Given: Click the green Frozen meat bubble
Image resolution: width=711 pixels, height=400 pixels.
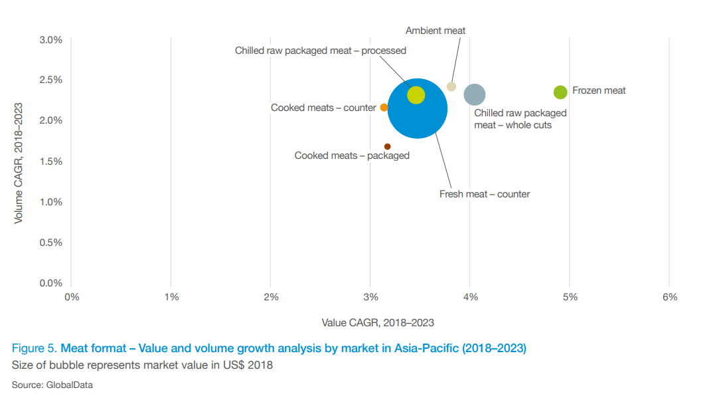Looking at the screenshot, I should (560, 92).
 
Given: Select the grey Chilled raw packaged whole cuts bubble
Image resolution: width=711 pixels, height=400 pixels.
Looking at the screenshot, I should (475, 94).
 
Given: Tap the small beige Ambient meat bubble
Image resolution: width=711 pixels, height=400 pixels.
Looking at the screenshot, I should (451, 86).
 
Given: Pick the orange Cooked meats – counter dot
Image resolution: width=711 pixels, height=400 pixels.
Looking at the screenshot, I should (384, 107).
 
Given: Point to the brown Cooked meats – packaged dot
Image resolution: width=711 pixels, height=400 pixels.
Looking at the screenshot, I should (387, 146).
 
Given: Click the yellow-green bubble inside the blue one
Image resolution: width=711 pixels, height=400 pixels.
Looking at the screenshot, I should (416, 95).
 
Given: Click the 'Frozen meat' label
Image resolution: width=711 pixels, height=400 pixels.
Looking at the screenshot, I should (599, 90).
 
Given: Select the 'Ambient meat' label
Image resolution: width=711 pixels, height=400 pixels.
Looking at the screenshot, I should (435, 31).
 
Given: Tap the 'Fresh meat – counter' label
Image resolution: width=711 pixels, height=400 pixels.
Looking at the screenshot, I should (485, 194).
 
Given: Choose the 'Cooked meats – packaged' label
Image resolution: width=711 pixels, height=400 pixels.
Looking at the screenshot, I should (352, 155).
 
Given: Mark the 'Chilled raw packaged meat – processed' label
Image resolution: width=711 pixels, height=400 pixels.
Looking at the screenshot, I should (321, 50).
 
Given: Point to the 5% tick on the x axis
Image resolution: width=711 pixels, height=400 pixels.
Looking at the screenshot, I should (570, 297).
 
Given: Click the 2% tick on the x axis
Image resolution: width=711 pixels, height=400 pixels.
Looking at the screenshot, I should (271, 297).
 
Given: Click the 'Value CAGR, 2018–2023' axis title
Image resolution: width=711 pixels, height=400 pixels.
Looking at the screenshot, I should (378, 323).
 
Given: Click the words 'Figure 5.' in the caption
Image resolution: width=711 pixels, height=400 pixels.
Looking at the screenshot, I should (35, 348).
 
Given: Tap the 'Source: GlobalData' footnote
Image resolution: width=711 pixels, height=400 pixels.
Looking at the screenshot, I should (52, 385).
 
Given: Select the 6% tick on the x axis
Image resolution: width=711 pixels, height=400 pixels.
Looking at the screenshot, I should (670, 297).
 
